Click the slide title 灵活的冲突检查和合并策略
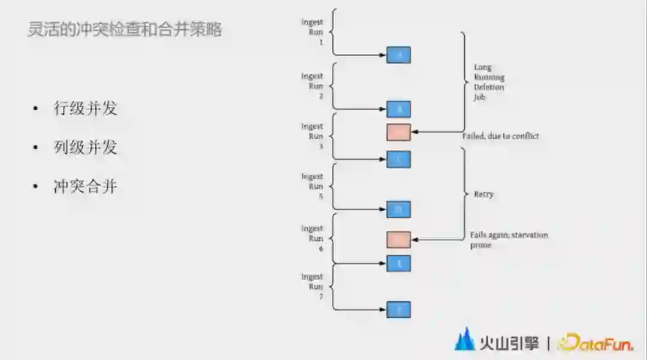click(x=125, y=29)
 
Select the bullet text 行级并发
click(x=85, y=108)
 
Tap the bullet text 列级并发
click(x=85, y=147)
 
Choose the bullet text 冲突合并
click(x=85, y=186)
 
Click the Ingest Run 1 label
click(x=313, y=32)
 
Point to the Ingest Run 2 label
click(x=313, y=86)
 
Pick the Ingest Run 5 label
click(x=313, y=186)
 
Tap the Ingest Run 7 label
click(x=313, y=286)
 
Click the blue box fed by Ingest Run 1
click(x=398, y=55)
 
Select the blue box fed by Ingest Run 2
click(x=398, y=109)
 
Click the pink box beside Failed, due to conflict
click(x=398, y=132)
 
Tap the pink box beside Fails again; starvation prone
click(x=398, y=240)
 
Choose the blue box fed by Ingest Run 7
click(x=398, y=310)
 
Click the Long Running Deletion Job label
click(x=489, y=82)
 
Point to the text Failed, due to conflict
click(x=501, y=136)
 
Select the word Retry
click(x=484, y=195)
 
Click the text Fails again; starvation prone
click(x=509, y=240)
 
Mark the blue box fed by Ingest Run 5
click(x=398, y=210)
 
